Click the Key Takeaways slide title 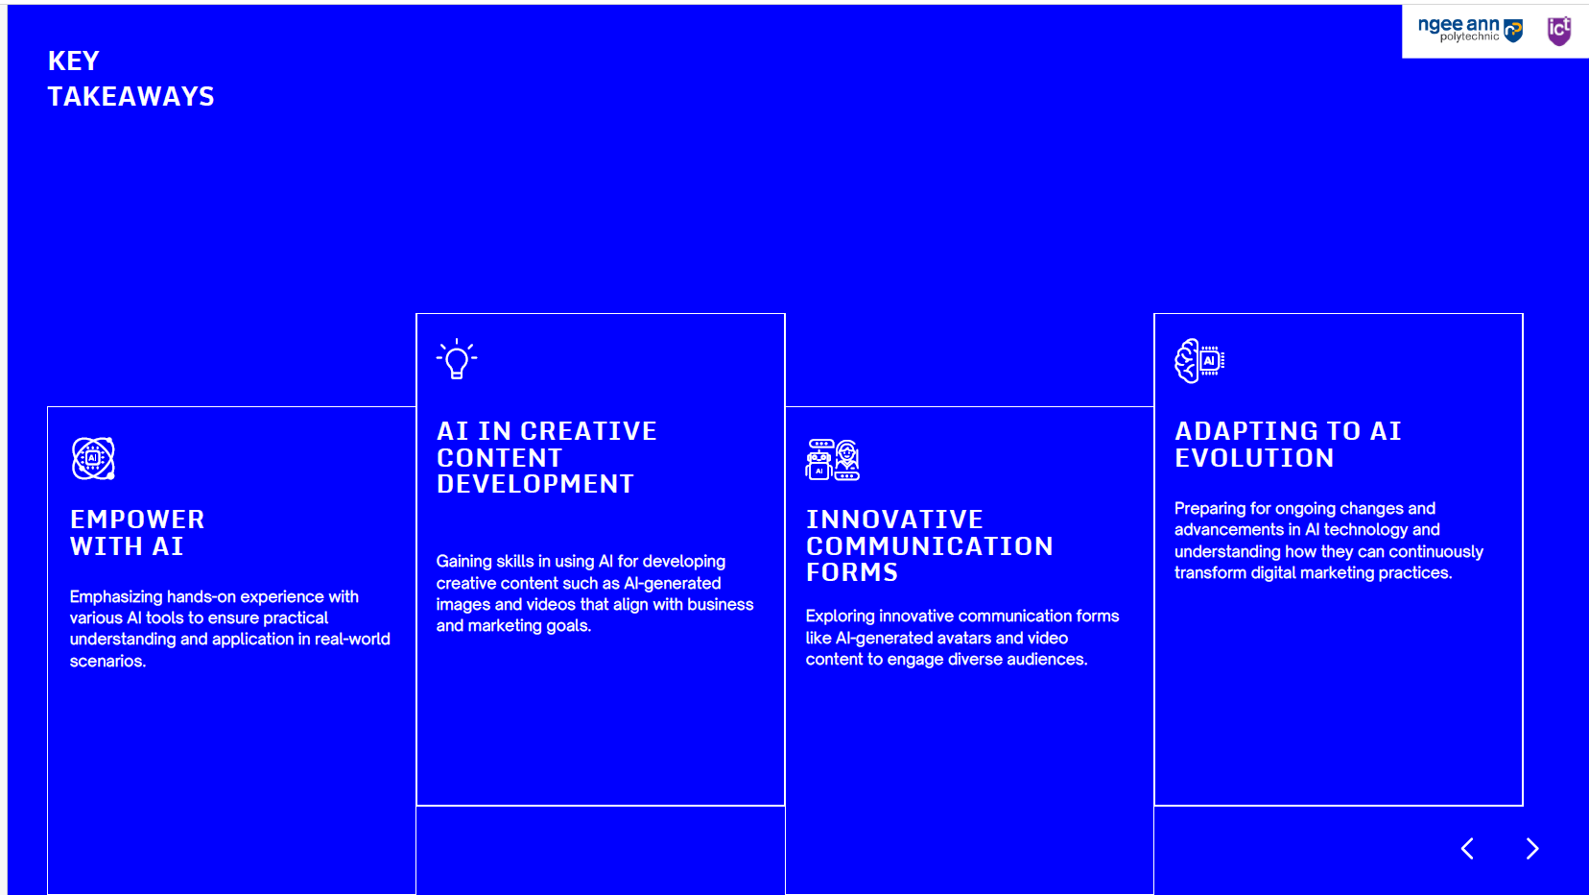pyautogui.click(x=130, y=79)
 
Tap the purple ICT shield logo pyautogui.click(x=1558, y=31)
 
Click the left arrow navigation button pyautogui.click(x=1468, y=848)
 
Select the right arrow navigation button pyautogui.click(x=1532, y=848)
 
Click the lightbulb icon pyautogui.click(x=457, y=359)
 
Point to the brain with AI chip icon pyautogui.click(x=1199, y=360)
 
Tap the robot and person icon pyautogui.click(x=833, y=460)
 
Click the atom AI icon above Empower pyautogui.click(x=93, y=458)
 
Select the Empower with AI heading pyautogui.click(x=137, y=532)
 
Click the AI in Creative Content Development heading pyautogui.click(x=546, y=457)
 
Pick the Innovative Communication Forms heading pyautogui.click(x=929, y=545)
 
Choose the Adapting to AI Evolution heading pyautogui.click(x=1288, y=445)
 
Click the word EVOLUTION pyautogui.click(x=1254, y=458)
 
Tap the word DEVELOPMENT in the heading pyautogui.click(x=534, y=484)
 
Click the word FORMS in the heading pyautogui.click(x=852, y=572)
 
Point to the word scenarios pyautogui.click(x=107, y=661)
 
